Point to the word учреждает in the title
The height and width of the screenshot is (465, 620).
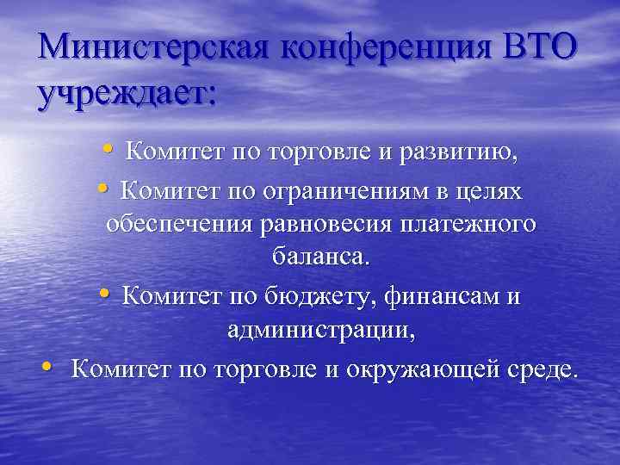[127, 93]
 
